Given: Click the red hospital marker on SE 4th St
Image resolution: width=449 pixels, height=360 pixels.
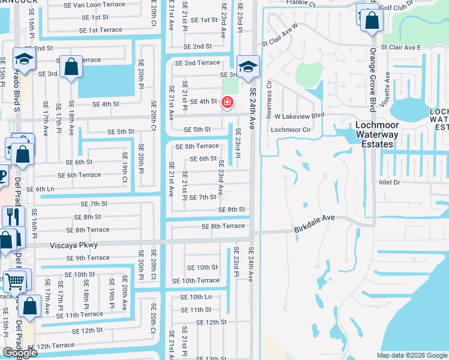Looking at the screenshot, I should (x=228, y=103).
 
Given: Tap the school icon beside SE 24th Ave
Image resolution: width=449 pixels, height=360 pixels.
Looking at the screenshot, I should (x=247, y=67).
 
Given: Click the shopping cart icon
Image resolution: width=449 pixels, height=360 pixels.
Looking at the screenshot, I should (x=15, y=280).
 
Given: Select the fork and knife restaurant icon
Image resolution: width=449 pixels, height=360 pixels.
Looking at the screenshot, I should (x=12, y=215).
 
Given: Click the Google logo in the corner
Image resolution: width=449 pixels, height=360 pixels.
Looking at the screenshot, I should (x=20, y=352).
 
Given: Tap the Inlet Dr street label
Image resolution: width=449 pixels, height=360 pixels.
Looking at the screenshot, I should (x=388, y=182).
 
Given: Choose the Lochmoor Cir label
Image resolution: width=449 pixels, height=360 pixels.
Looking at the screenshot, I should (x=291, y=129).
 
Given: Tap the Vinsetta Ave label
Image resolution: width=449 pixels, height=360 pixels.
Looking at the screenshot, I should (x=388, y=88).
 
